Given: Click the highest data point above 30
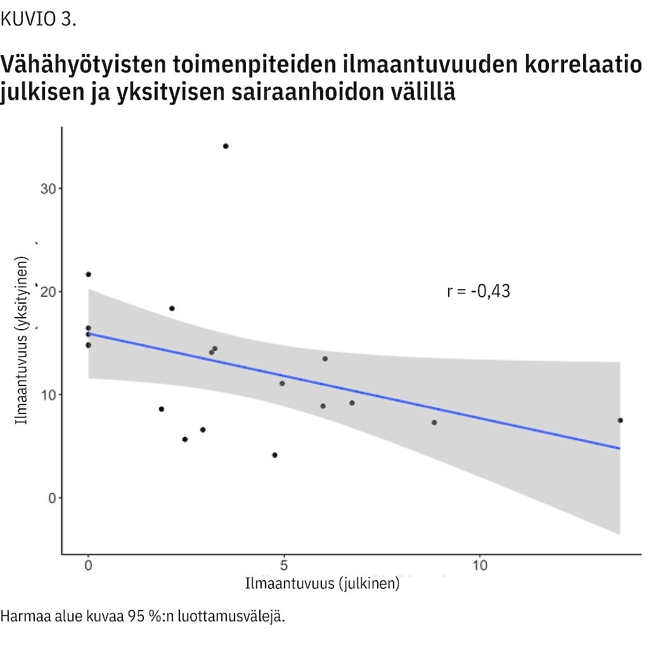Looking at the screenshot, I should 226,146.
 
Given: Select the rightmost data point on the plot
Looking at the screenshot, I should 620,420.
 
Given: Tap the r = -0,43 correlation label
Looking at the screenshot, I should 479,291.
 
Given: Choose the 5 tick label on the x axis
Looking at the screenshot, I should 284,565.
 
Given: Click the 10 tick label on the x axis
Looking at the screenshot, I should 480,565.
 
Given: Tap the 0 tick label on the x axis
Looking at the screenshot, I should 88,565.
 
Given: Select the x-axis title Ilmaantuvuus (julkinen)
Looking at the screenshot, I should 323,583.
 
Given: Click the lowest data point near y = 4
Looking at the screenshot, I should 274,455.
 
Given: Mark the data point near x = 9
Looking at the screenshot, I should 434,422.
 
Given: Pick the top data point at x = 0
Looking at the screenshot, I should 88,275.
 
